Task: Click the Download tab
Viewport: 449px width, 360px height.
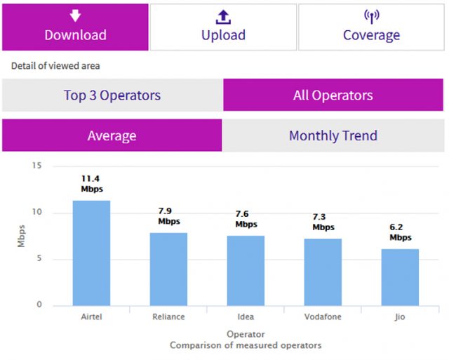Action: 75,27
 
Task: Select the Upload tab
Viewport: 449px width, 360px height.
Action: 223,27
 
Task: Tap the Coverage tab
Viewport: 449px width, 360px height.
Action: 371,27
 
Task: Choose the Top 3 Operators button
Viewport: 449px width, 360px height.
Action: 112,95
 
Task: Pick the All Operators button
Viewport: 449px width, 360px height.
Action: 333,95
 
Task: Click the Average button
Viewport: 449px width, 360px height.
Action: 112,135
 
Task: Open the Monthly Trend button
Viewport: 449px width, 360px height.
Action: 333,135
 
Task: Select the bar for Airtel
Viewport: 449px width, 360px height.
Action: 91,253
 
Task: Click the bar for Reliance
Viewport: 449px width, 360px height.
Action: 168,269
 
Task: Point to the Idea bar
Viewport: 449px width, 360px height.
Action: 246,270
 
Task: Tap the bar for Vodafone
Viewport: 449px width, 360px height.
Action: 323,272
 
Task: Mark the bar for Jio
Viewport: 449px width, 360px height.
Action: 400,276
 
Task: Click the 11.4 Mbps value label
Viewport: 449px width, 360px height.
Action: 91,184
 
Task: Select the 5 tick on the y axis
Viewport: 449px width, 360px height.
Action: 39,259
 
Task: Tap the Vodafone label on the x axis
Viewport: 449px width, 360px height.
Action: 323,317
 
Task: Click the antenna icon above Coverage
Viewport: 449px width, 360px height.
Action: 371,15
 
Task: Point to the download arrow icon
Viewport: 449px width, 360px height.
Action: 75,15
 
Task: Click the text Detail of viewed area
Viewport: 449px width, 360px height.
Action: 55,66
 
